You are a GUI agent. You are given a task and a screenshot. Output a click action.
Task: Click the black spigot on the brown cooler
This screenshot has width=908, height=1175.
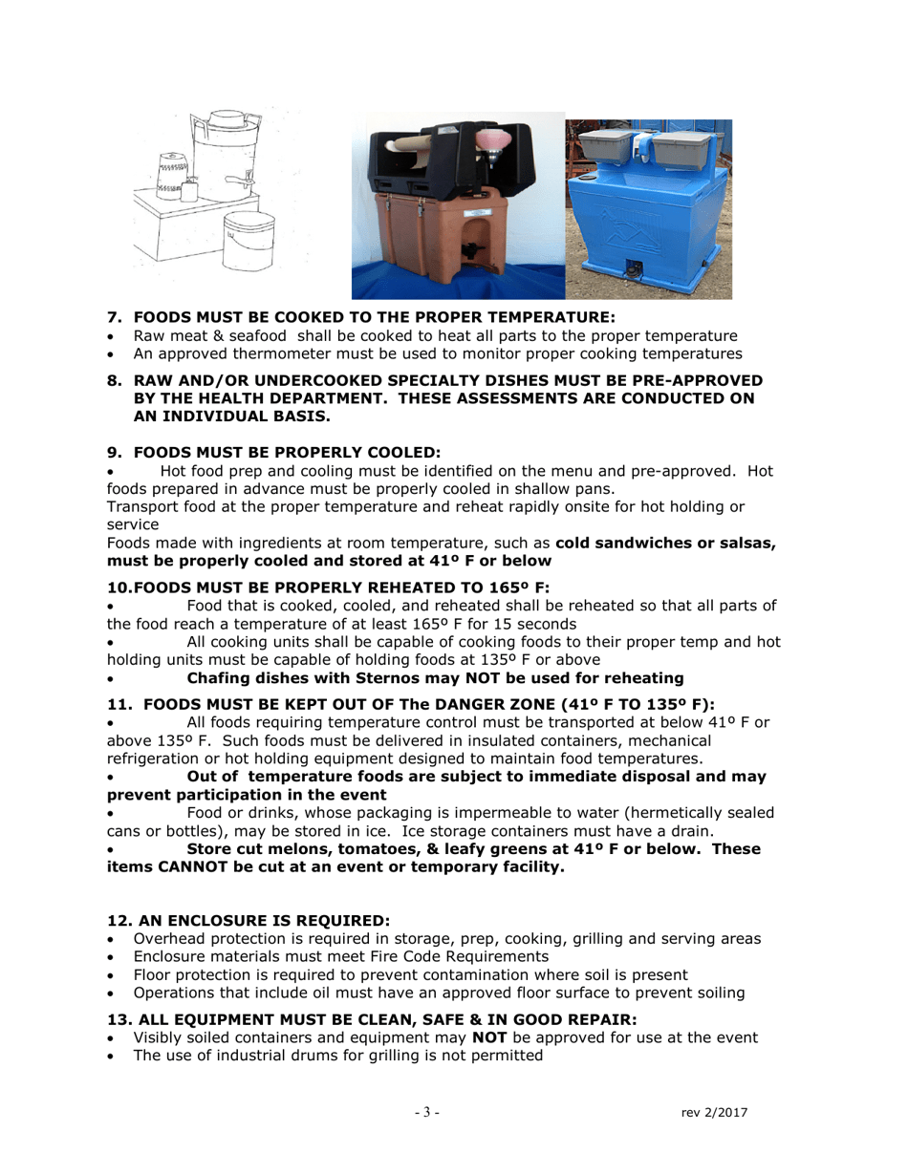470,255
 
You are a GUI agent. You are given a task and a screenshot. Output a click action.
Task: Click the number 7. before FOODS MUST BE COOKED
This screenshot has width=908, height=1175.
115,317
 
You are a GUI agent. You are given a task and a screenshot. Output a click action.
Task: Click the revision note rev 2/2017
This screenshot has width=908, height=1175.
714,1113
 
